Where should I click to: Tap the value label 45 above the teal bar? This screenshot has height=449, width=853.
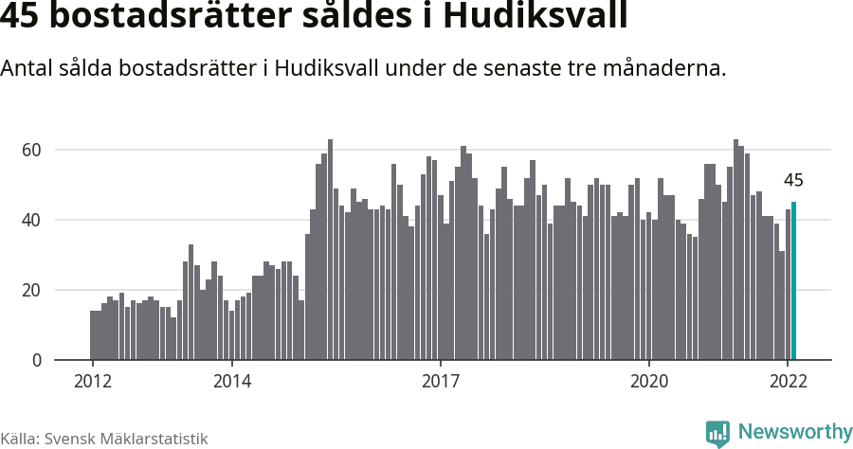tap(793, 181)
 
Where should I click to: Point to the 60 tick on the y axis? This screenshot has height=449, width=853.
tap(32, 150)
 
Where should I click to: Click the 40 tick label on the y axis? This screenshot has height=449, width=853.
tap(32, 220)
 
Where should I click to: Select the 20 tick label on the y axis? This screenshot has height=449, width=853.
tap(32, 290)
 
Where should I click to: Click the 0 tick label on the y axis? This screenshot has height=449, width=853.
tap(37, 360)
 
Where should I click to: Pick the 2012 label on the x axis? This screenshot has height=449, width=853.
tap(92, 382)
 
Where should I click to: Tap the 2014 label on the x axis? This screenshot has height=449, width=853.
tap(231, 382)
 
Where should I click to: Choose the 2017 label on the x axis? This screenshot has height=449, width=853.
tap(441, 382)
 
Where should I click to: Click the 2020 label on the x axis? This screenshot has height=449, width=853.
tap(649, 382)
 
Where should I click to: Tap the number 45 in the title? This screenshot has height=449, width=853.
tap(21, 17)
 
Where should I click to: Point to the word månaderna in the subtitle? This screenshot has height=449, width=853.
tap(663, 69)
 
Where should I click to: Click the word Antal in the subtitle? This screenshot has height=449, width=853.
tap(27, 69)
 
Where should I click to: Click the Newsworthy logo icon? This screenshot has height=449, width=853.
tap(717, 433)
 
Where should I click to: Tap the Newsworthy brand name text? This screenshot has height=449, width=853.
tap(794, 432)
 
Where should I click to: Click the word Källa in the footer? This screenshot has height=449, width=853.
tap(19, 439)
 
